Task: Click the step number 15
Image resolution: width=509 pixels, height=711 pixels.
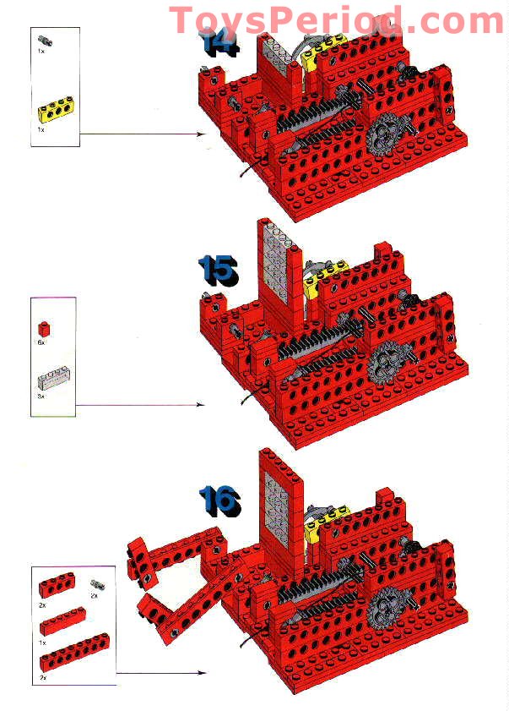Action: (218, 269)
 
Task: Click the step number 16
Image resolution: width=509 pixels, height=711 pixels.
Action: (219, 500)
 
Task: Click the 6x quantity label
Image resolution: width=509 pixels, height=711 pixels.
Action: (41, 343)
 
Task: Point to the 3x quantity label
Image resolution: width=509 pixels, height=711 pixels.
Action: (41, 396)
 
